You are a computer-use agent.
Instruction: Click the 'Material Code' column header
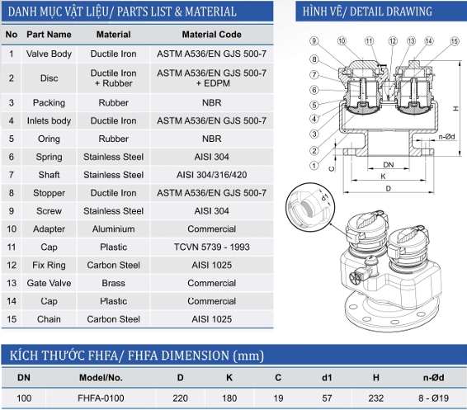click(211, 35)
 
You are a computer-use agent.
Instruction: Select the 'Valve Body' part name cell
click(49, 54)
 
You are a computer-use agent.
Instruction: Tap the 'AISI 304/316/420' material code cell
click(211, 175)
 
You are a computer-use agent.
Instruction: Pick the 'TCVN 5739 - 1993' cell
click(211, 247)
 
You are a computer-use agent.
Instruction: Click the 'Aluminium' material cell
click(114, 229)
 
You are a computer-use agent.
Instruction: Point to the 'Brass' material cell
click(114, 283)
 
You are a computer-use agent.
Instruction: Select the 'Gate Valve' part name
click(49, 283)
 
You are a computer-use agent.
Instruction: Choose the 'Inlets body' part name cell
click(49, 121)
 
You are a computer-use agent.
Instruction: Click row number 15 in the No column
click(12, 319)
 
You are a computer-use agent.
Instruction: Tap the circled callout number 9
click(314, 40)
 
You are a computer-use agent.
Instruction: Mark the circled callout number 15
click(455, 41)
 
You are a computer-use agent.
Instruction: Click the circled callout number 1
click(314, 165)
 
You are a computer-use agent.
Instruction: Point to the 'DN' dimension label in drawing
click(388, 165)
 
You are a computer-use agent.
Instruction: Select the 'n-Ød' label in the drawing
click(446, 137)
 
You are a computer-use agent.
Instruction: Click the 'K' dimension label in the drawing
click(384, 177)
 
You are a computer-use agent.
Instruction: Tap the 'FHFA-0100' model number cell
click(101, 398)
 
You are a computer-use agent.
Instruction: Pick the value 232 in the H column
click(376, 398)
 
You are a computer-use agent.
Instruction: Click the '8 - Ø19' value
click(433, 398)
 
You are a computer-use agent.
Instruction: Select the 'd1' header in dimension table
click(327, 378)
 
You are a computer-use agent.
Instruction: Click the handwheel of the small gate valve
click(356, 278)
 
